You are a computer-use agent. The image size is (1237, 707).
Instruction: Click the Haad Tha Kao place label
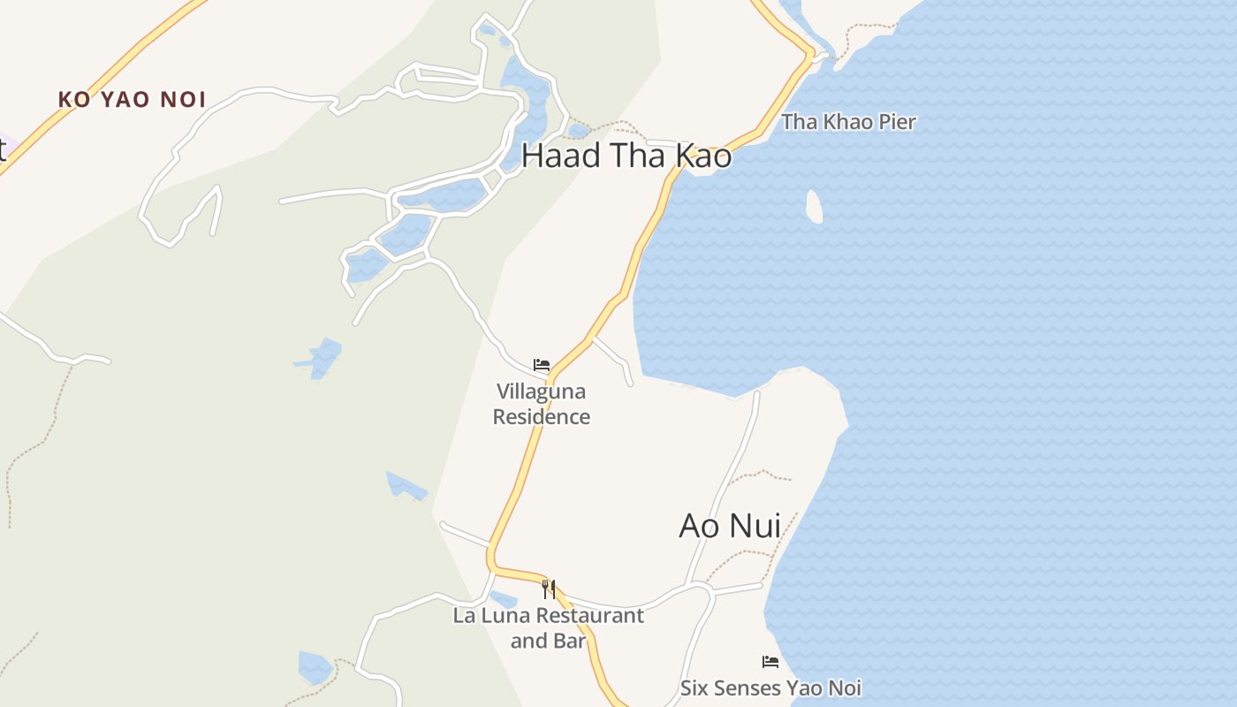[x=626, y=156]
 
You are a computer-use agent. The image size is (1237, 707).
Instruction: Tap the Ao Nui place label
[x=730, y=525]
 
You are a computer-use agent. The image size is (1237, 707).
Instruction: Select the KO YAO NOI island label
[x=132, y=99]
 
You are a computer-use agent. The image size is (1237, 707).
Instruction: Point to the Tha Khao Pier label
[x=848, y=122]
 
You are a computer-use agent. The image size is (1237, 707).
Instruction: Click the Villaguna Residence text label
[x=541, y=404]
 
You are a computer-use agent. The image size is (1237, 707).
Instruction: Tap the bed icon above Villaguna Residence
[x=542, y=364]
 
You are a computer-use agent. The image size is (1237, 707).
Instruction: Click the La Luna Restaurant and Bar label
[x=548, y=627]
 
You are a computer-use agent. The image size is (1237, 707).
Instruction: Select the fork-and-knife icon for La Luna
[x=549, y=589]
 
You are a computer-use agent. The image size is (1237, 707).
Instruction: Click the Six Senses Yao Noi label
[x=770, y=688]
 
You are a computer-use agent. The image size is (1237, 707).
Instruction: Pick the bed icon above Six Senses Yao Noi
[x=770, y=661]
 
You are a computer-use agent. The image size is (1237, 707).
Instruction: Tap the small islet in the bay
[x=814, y=206]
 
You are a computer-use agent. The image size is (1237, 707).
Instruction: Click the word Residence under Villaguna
[x=541, y=416]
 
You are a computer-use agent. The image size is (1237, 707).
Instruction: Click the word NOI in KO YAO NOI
[x=183, y=99]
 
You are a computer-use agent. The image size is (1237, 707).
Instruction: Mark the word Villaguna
[x=541, y=392]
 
